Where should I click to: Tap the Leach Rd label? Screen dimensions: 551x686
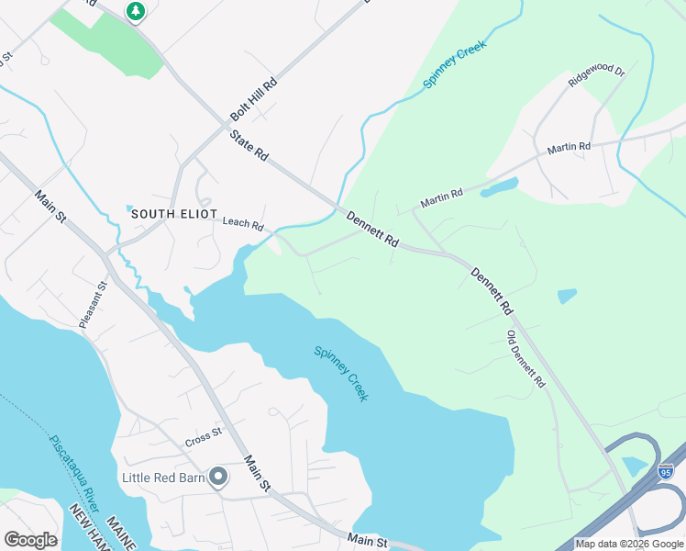(x=243, y=223)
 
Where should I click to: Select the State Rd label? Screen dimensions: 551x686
(x=249, y=146)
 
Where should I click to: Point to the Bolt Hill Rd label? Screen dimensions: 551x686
(x=254, y=99)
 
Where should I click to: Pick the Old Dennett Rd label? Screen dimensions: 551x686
(x=526, y=359)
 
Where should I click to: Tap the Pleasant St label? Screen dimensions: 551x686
(x=93, y=305)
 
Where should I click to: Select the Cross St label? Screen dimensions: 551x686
(x=204, y=432)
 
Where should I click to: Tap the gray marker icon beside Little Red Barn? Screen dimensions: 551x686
(x=218, y=477)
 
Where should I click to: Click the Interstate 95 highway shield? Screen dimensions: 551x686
(x=667, y=471)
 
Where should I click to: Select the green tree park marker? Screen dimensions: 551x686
(x=136, y=11)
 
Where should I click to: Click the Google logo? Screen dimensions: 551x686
(x=30, y=539)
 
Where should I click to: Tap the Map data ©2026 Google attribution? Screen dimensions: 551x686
(x=629, y=544)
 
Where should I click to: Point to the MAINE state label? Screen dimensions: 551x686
(x=121, y=533)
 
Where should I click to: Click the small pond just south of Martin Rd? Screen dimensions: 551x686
(x=498, y=188)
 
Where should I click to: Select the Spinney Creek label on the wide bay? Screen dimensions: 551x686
(x=340, y=373)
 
